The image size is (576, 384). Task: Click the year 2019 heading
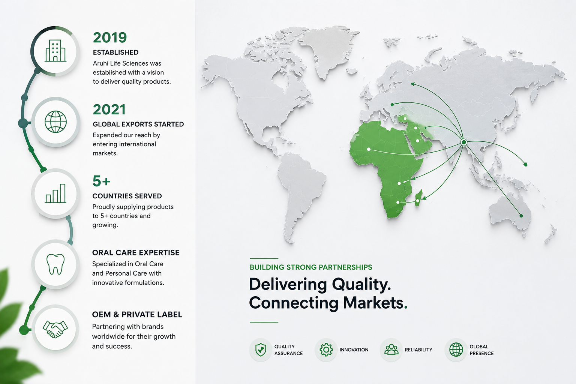tap(110, 37)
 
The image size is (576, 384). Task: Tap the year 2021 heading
tap(109, 109)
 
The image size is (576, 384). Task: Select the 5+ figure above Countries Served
tap(101, 181)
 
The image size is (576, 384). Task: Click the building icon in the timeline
tap(55, 51)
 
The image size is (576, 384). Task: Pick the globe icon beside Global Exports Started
tap(55, 121)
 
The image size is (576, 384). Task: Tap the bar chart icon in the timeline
tap(55, 193)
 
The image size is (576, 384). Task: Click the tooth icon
tap(55, 264)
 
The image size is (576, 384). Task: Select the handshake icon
tap(55, 329)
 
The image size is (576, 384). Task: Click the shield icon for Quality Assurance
tap(261, 350)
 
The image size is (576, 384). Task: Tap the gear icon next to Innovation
tap(326, 349)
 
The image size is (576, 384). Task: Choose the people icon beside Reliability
tap(391, 349)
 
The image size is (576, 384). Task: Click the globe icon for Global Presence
tap(456, 349)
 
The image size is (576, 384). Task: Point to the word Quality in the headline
tap(361, 285)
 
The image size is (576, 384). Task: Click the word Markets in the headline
tap(375, 303)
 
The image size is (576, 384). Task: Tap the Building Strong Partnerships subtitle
tap(311, 267)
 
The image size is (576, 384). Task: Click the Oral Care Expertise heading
tap(136, 253)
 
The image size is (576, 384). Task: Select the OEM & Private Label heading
tap(137, 315)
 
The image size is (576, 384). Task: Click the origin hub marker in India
tap(464, 142)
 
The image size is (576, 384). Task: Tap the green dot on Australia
tap(521, 216)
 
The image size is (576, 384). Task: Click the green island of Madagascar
tap(418, 198)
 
